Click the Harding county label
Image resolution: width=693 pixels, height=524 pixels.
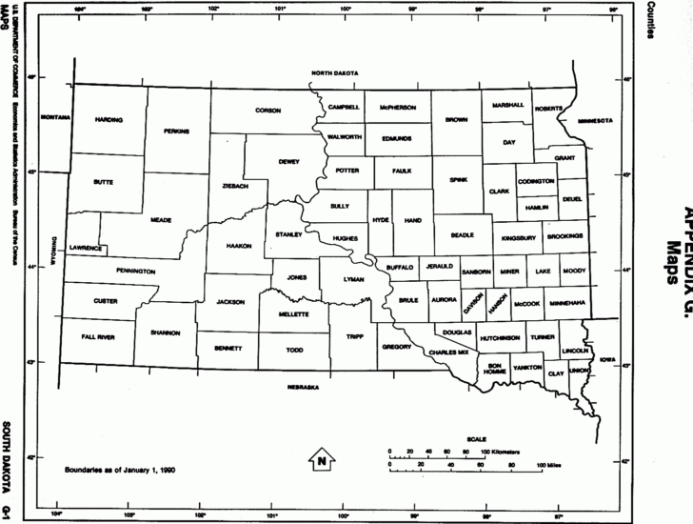click(109, 120)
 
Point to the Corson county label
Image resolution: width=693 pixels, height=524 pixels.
click(268, 111)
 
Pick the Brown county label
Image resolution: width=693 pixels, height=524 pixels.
click(456, 120)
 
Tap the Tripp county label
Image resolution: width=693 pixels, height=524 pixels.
click(355, 336)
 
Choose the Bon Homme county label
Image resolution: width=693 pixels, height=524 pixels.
click(495, 369)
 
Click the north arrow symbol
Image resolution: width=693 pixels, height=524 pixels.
click(323, 461)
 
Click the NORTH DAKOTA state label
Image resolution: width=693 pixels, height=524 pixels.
click(333, 73)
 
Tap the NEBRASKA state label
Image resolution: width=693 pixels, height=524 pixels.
click(303, 388)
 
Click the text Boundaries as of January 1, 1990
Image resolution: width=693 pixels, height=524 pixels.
click(119, 470)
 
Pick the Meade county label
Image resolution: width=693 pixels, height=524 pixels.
click(161, 219)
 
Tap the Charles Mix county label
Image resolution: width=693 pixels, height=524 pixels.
click(450, 353)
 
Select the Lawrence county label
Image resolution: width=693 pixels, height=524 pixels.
click(86, 248)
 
